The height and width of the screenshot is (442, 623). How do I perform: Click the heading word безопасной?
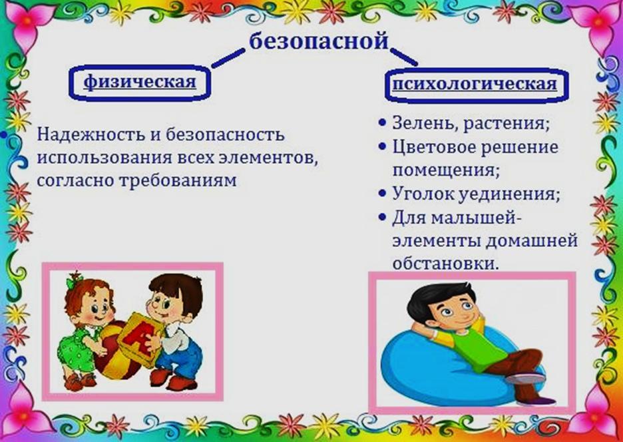click(x=319, y=41)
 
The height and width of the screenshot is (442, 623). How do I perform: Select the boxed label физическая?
click(x=140, y=82)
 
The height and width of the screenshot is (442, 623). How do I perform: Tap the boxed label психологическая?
click(x=475, y=85)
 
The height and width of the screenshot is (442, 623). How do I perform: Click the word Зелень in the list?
click(x=425, y=124)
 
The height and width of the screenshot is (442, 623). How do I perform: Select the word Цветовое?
click(x=434, y=147)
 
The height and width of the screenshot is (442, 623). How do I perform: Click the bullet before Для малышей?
click(x=382, y=217)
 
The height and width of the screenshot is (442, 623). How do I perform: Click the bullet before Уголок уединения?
click(x=382, y=194)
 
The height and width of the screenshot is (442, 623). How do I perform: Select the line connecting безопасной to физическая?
click(x=228, y=59)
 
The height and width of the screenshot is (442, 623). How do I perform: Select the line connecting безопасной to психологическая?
click(x=403, y=57)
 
